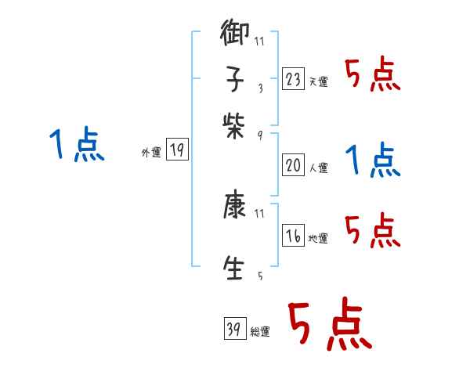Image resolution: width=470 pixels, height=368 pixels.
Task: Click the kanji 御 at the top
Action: [x=236, y=35]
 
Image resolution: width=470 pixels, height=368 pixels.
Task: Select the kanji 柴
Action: [x=236, y=124]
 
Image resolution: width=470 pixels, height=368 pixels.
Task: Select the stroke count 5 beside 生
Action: [x=259, y=276]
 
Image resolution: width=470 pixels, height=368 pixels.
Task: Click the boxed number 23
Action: [x=293, y=78]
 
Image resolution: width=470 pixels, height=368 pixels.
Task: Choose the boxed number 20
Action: [x=293, y=164]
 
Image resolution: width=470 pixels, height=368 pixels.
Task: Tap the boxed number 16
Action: [x=293, y=235]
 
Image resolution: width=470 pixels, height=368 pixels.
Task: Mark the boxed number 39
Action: [x=234, y=330]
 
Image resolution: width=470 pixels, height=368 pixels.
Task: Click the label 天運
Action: [x=319, y=81]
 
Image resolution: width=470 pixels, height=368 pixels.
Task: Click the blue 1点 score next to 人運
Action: [x=373, y=161]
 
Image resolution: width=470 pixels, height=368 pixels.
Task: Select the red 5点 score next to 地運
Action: [x=373, y=231]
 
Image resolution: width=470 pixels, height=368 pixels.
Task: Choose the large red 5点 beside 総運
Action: [x=328, y=325]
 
